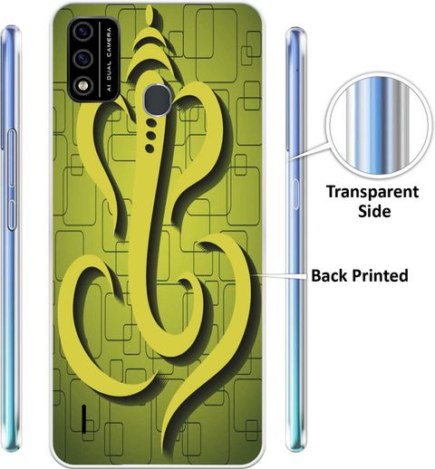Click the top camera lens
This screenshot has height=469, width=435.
tap(82, 32)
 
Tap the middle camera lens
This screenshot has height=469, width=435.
tap(82, 59)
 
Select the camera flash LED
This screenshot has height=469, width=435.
tap(82, 86)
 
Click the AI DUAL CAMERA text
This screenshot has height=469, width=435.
tap(109, 59)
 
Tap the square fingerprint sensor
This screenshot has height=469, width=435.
tap(157, 100)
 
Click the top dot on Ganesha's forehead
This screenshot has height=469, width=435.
tap(151, 122)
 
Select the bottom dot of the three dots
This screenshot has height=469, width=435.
tap(150, 148)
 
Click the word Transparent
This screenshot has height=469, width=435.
tap(372, 192)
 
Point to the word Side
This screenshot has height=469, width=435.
tap(374, 211)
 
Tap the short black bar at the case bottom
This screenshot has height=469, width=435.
tap(84, 419)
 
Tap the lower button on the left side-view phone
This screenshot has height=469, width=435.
tap(11, 214)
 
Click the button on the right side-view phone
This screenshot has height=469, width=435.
tap(295, 194)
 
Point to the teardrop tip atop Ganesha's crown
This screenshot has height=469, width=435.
tap(150, 16)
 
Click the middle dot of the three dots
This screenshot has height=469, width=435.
tap(150, 135)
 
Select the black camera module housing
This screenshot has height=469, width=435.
tap(93, 60)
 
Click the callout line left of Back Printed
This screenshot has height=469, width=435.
tap(280, 275)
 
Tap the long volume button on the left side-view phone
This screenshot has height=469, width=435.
tap(12, 158)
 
